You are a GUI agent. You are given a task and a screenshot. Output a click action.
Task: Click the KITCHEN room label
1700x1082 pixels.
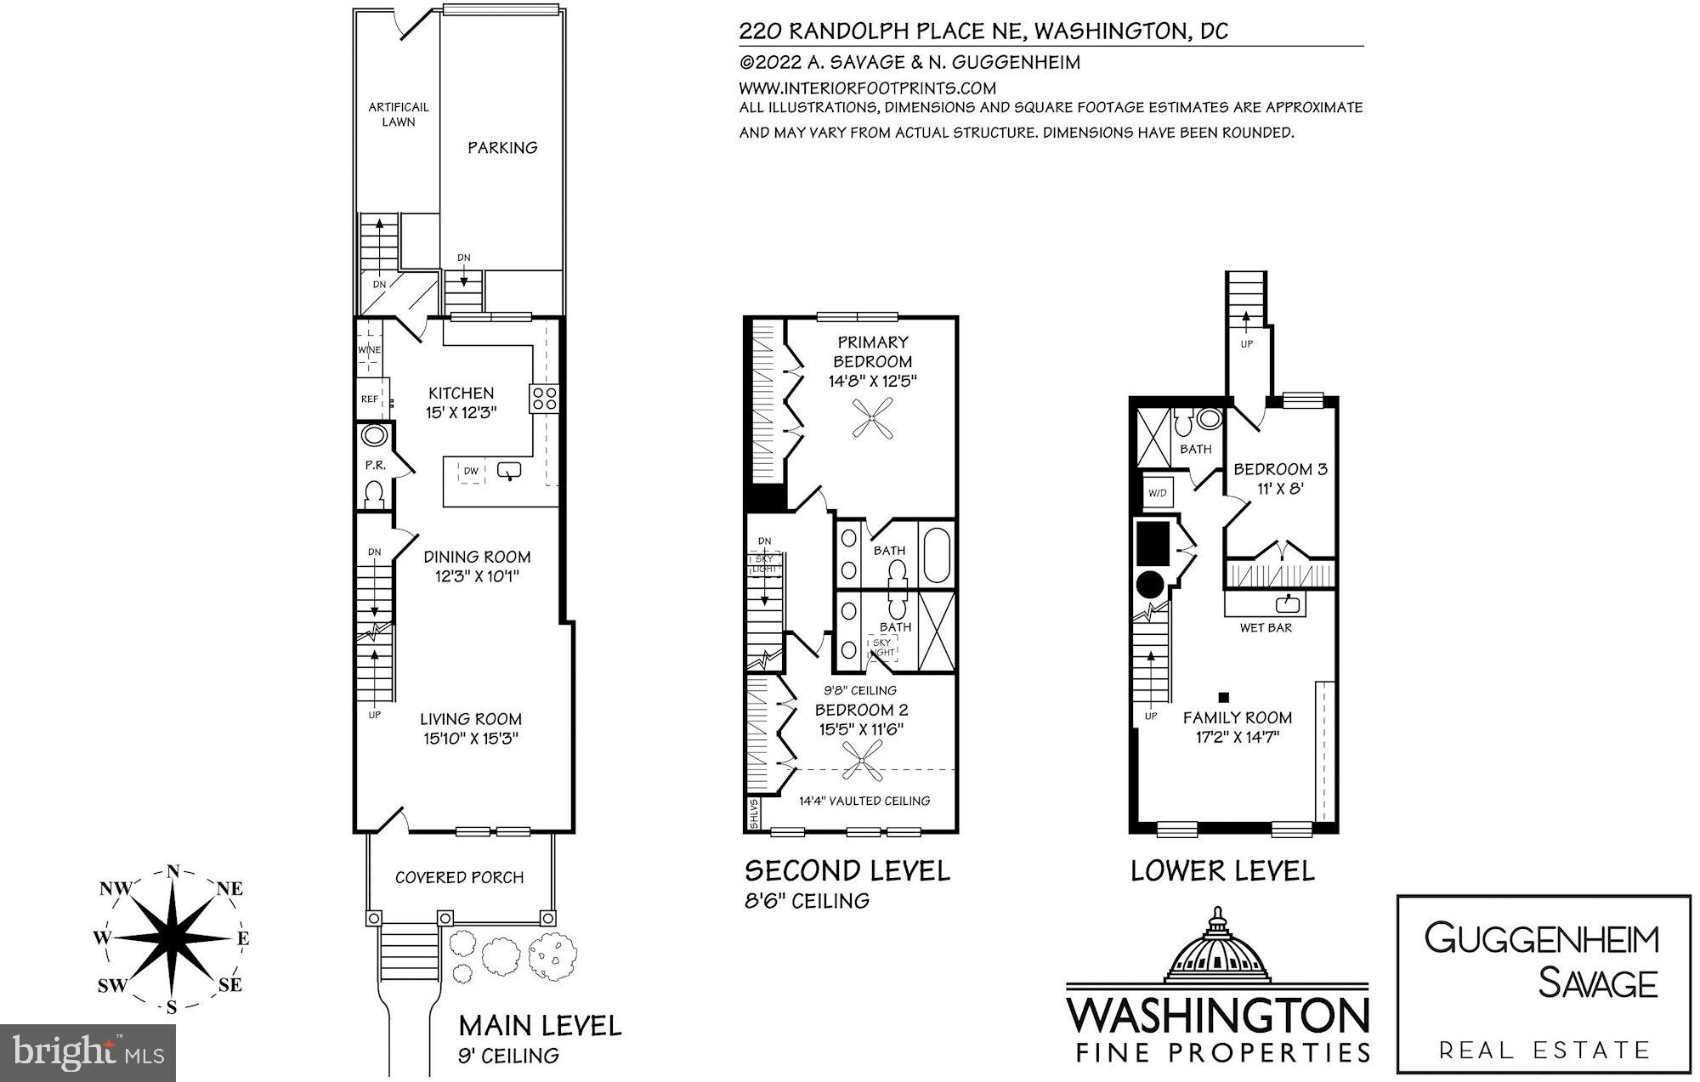[461, 393]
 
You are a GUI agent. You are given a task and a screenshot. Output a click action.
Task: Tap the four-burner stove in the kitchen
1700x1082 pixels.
[544, 399]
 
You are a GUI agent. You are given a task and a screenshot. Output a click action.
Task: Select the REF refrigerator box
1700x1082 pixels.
[370, 399]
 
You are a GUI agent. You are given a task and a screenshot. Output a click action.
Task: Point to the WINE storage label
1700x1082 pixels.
[369, 349]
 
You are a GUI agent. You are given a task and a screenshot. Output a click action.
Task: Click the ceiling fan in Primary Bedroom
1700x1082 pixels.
[873, 420]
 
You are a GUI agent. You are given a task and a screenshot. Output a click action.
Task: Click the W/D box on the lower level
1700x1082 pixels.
[1158, 493]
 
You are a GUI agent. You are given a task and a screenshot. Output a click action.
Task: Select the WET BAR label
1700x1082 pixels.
[1266, 627]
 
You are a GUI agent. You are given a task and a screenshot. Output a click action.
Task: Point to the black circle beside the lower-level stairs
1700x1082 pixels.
[1149, 584]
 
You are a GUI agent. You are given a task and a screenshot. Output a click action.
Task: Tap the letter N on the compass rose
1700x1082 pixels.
[173, 871]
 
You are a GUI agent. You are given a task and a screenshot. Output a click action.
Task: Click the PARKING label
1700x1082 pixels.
[502, 147]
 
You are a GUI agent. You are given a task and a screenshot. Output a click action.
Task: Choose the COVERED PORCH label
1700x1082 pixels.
[459, 877]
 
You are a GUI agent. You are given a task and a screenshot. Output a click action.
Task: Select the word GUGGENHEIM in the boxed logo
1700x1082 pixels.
[1542, 939]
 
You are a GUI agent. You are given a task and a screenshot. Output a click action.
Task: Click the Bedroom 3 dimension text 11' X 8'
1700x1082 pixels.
[1280, 489]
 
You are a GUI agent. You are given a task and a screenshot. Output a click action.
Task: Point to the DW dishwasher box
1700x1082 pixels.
[471, 470]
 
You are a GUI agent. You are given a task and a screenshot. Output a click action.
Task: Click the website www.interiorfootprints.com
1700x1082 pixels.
[867, 88]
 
